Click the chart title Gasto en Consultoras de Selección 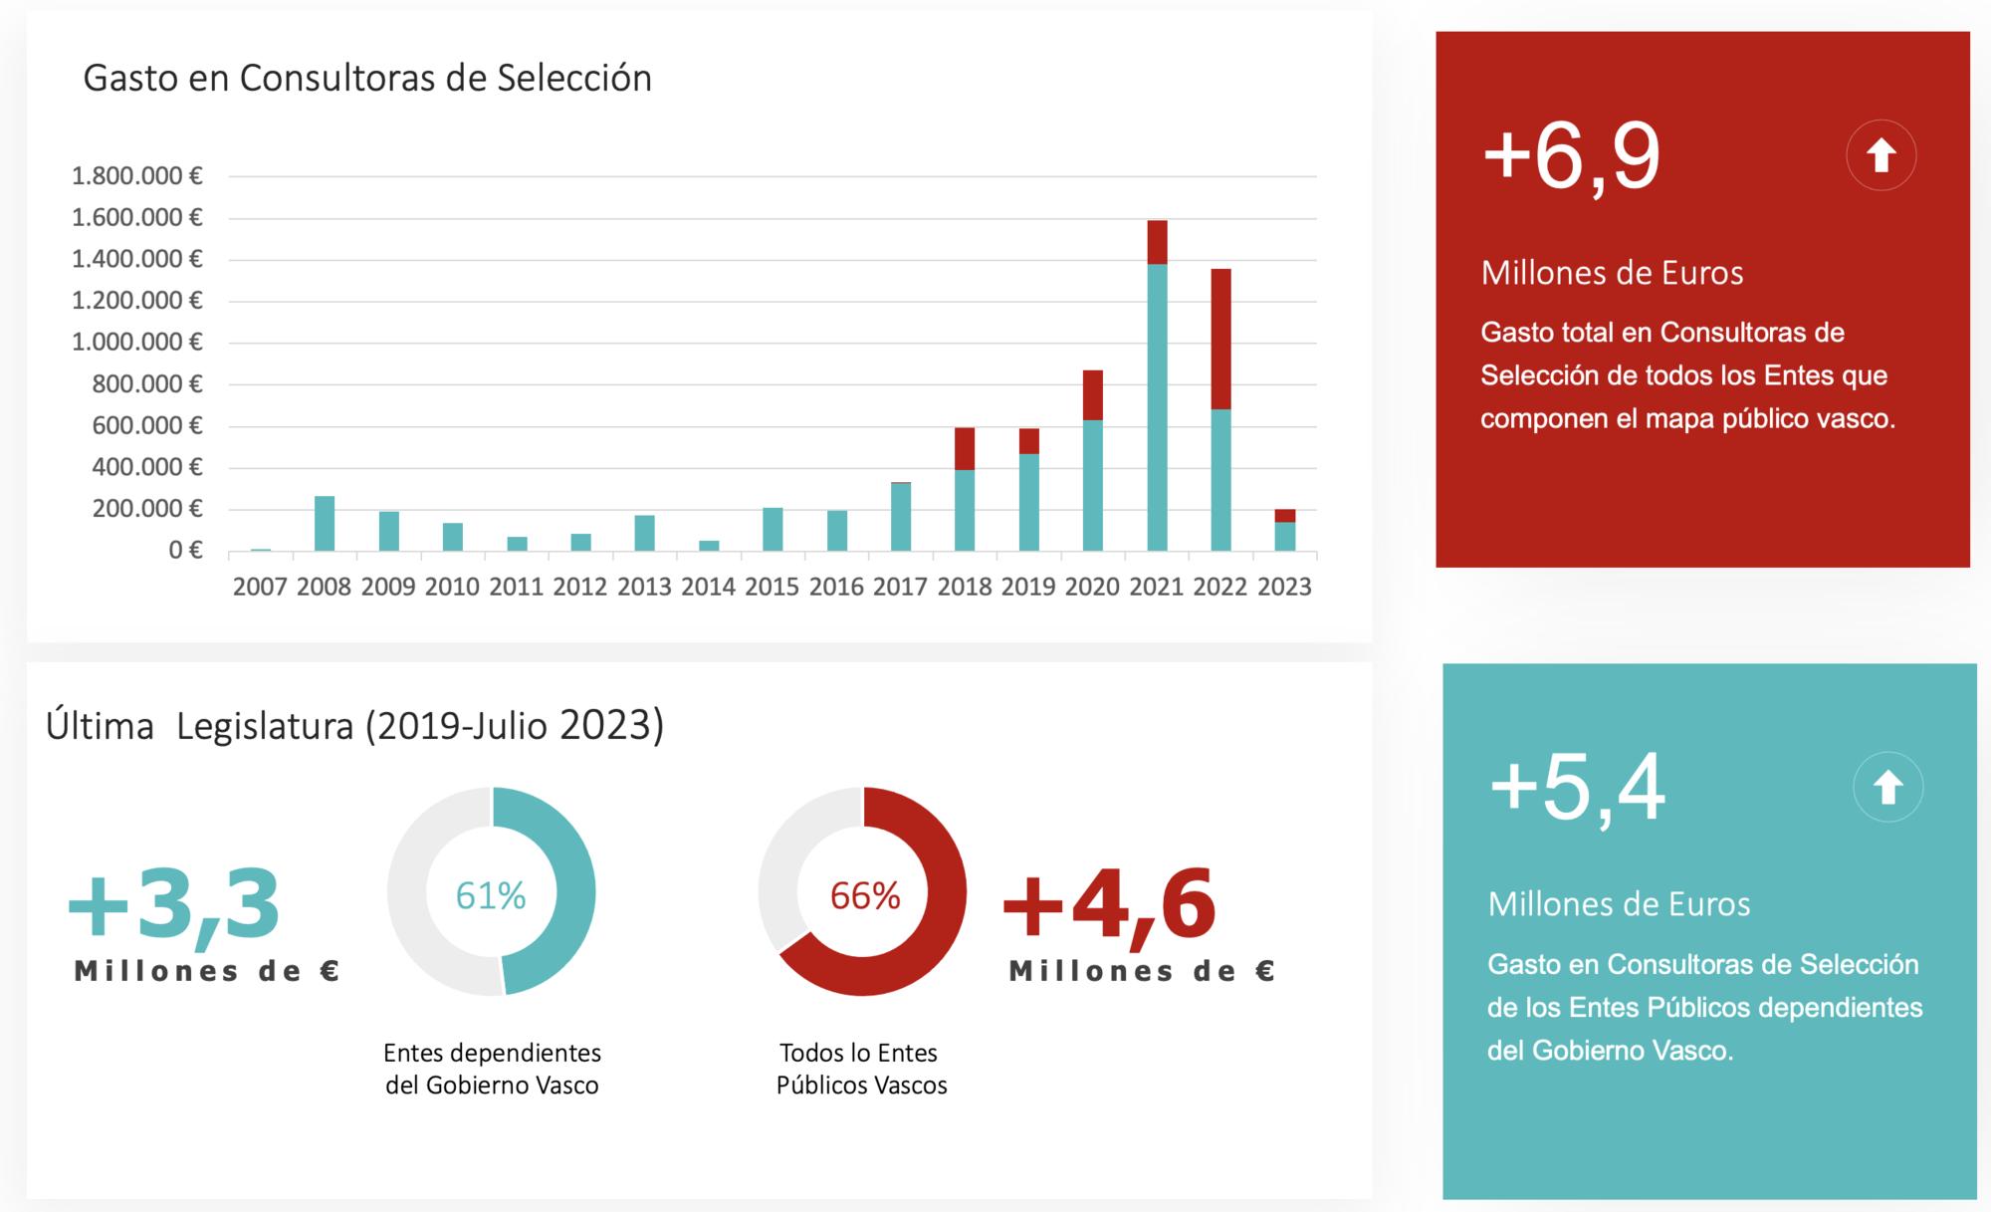367,78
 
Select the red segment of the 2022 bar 1220,339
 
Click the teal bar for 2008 325,523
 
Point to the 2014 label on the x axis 708,587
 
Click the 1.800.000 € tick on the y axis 137,176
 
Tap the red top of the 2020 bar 1093,395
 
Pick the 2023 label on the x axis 1284,587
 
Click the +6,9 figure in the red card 1571,157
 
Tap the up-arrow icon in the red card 1880,155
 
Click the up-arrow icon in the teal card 1887,788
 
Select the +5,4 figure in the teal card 1577,789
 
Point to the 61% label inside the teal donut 491,896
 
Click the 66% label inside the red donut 865,896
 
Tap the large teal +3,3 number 174,904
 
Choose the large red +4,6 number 1109,904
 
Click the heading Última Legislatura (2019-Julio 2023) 354,726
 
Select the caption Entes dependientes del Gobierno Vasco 492,1069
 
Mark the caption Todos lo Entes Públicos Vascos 861,1069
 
